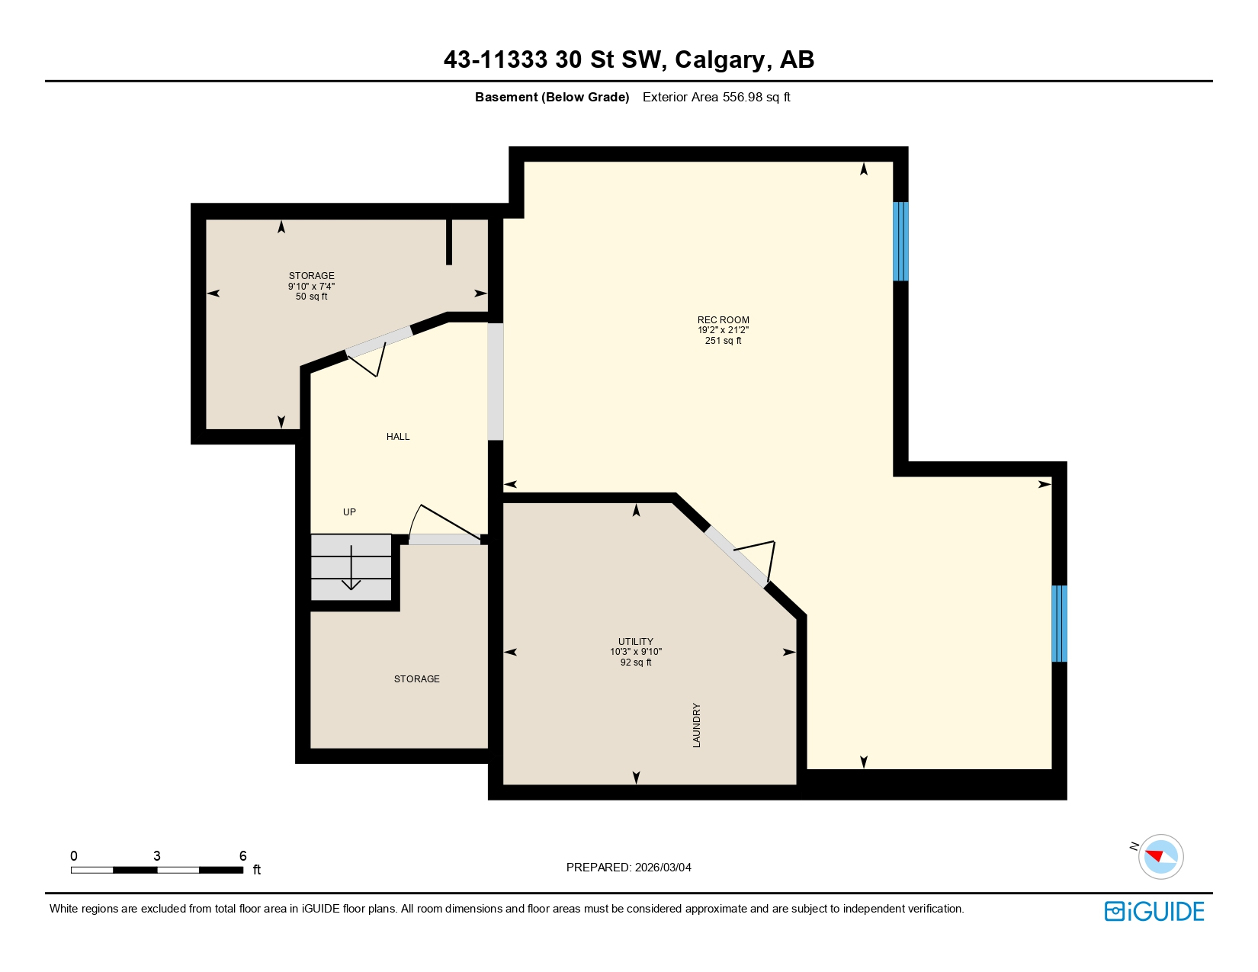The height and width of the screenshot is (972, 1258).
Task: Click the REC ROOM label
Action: (x=723, y=320)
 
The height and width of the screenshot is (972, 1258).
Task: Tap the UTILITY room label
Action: (x=635, y=642)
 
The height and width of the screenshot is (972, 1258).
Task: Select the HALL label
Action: (x=398, y=437)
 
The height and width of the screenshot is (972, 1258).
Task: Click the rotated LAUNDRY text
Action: (x=696, y=725)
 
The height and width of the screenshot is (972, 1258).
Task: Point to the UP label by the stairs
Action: (x=349, y=512)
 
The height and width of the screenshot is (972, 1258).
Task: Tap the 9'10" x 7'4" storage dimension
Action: (x=311, y=287)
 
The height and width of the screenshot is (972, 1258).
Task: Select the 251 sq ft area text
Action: (x=723, y=341)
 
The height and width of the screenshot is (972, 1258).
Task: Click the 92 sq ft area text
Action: (x=635, y=662)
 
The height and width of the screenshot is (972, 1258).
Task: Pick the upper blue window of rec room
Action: (x=900, y=241)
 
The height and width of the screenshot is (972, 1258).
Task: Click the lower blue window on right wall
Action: (x=1059, y=624)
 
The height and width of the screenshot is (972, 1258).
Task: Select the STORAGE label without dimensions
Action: (x=416, y=679)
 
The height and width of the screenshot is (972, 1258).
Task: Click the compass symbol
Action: (x=1160, y=856)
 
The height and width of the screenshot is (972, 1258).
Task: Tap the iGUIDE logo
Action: (x=1154, y=911)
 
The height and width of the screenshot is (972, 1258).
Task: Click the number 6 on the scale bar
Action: (x=243, y=856)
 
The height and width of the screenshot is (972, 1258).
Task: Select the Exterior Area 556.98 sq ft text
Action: (x=716, y=97)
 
